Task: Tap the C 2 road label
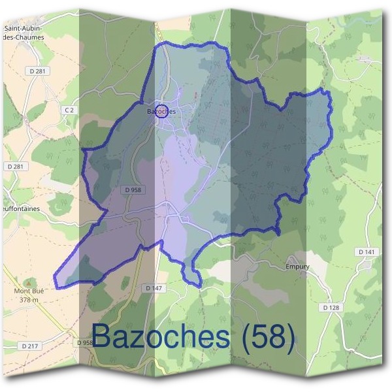pos(69,110)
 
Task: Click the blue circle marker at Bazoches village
pos(163,110)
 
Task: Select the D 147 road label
pos(154,287)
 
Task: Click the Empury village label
pos(297,267)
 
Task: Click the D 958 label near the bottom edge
pos(86,342)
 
